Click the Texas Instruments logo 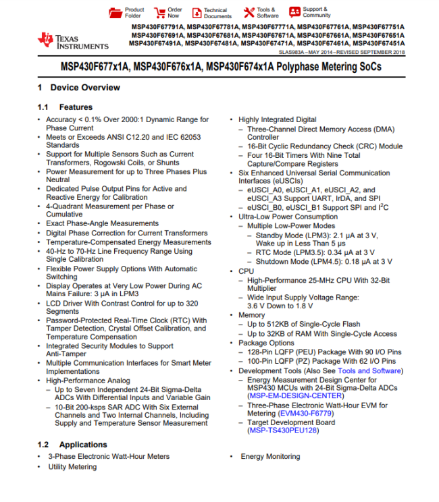pos(73,41)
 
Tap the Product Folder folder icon pos(113,13)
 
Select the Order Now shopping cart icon pos(160,13)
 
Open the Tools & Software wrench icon pos(249,13)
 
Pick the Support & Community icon pos(295,12)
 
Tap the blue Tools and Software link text pos(369,370)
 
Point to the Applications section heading pos(82,445)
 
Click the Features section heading pos(76,107)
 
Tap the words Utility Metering pos(72,467)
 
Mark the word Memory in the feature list pos(251,315)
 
